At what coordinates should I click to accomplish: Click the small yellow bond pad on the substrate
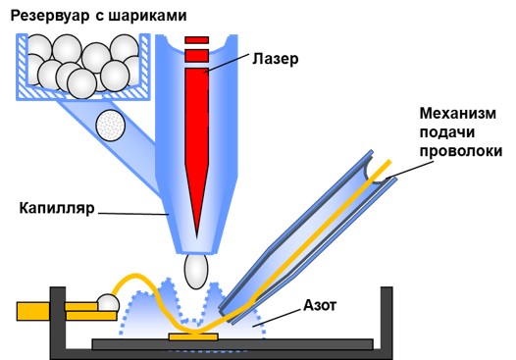click(193, 337)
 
